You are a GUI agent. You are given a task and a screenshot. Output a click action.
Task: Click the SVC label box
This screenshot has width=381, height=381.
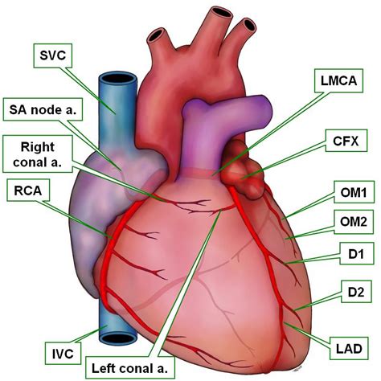[53, 55]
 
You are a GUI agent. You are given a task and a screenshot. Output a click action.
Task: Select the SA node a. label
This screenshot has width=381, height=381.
[43, 109]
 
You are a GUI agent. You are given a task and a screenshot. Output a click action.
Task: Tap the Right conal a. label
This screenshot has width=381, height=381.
[38, 154]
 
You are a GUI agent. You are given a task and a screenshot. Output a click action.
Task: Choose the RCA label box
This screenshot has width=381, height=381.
[28, 190]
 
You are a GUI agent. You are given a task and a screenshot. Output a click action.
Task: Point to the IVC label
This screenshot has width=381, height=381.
[63, 354]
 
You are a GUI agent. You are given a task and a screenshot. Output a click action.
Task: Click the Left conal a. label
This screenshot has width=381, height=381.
[130, 368]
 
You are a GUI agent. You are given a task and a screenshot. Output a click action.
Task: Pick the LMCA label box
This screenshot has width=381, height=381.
[338, 80]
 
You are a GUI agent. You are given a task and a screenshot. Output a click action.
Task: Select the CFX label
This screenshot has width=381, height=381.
[346, 141]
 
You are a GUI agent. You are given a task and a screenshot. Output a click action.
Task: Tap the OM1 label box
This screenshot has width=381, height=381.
[354, 192]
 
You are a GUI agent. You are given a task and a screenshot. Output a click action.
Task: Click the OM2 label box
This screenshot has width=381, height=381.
[354, 222]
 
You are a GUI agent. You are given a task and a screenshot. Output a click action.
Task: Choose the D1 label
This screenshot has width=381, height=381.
[356, 253]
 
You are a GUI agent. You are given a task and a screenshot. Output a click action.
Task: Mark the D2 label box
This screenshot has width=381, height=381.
[356, 292]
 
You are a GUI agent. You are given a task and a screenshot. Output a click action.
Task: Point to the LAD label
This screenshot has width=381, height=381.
[349, 348]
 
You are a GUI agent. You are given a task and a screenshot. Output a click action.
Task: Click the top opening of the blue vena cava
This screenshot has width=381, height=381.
[117, 79]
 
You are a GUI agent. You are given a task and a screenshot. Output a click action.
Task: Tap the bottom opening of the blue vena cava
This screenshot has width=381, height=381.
[118, 338]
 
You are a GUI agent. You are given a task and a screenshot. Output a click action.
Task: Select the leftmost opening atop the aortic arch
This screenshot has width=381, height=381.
[156, 35]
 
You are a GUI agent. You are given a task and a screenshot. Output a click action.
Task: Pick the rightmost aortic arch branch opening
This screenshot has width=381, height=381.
[249, 25]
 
